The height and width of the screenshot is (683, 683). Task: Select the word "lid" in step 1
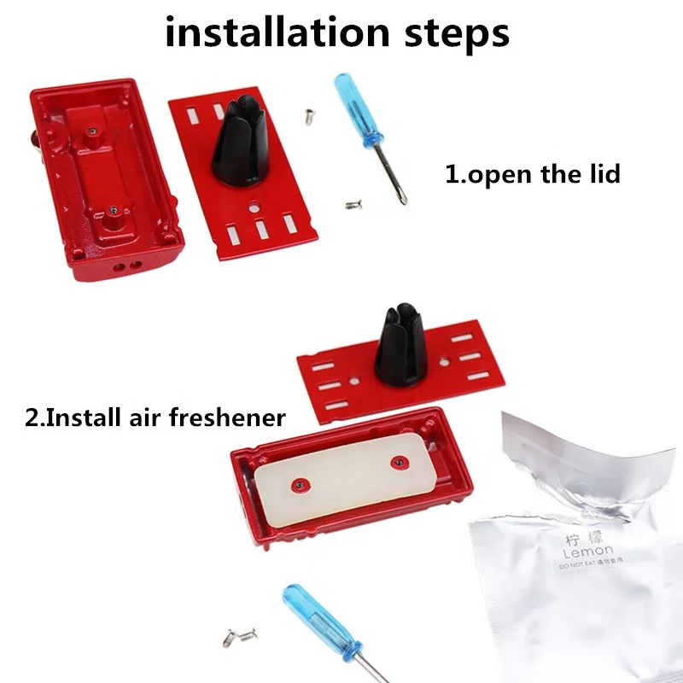(599, 174)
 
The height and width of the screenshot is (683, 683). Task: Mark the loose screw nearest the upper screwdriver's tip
(353, 204)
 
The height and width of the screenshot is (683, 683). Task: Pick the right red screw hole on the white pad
(396, 463)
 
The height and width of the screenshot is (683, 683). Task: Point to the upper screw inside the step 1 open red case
(91, 131)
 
